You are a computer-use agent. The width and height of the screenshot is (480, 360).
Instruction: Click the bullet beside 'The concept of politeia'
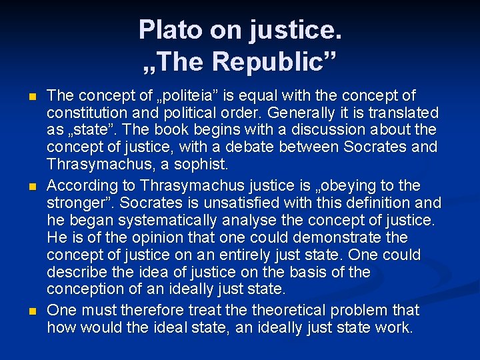(33, 97)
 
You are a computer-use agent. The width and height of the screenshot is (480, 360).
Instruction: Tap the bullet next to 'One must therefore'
(33, 311)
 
